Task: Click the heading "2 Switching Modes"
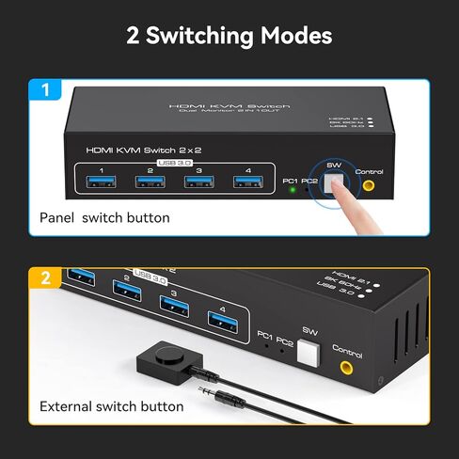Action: tap(229, 37)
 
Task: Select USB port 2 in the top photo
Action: tap(150, 182)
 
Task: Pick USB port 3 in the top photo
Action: tap(198, 182)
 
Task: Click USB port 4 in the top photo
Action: tap(246, 183)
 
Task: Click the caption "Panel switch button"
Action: tap(104, 217)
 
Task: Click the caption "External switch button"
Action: tap(111, 406)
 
